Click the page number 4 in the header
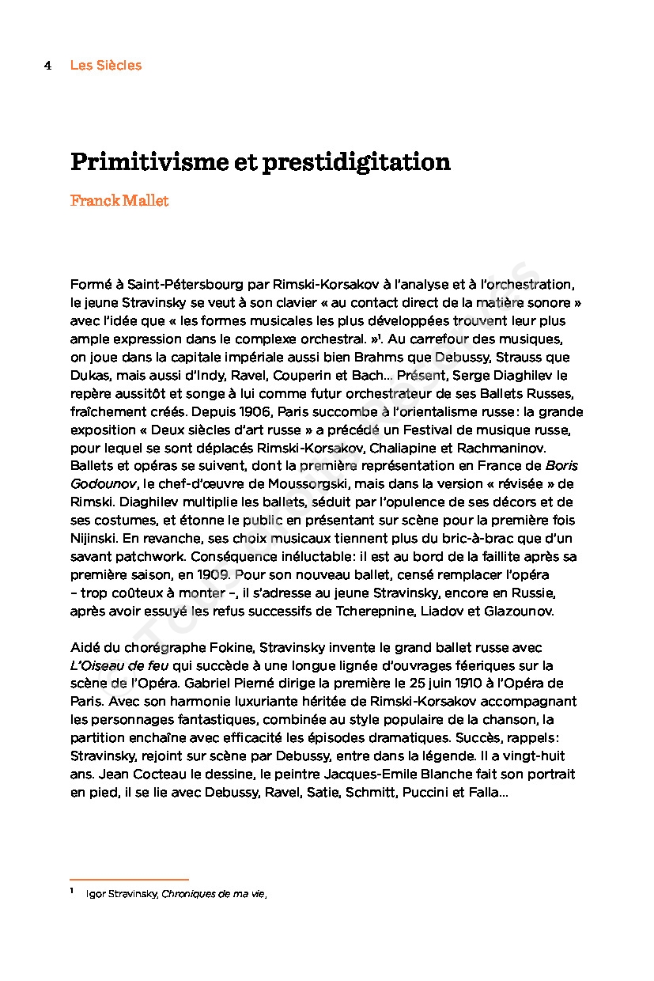pos(47,66)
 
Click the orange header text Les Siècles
pos(106,66)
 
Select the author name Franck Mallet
pos(119,201)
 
